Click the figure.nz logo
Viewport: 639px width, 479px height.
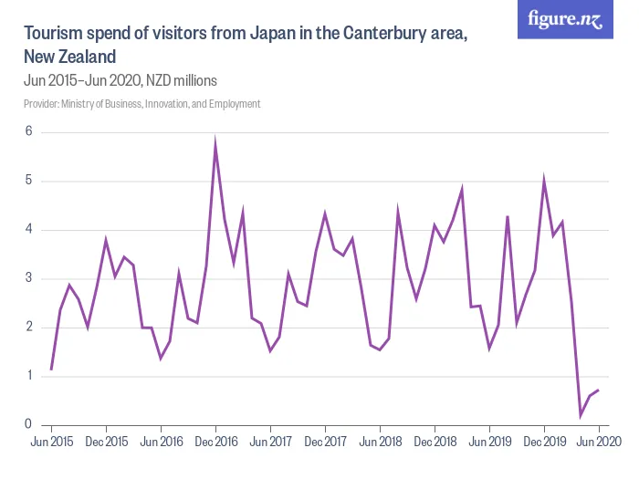(565, 19)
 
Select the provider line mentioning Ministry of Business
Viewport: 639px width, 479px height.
(142, 104)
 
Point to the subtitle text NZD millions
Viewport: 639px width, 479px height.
(182, 79)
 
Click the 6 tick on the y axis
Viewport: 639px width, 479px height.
(28, 132)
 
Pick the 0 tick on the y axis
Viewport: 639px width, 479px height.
(28, 424)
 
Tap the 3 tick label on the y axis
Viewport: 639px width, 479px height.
(28, 278)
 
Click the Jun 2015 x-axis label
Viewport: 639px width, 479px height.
(51, 443)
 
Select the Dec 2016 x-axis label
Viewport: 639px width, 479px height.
(215, 443)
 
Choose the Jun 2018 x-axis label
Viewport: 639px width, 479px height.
(380, 443)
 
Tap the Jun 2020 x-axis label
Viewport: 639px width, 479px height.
(599, 443)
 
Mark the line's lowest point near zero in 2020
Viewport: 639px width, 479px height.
(581, 415)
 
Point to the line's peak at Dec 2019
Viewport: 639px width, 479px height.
(544, 182)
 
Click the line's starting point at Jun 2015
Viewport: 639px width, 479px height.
(51, 370)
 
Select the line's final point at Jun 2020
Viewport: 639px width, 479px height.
(599, 390)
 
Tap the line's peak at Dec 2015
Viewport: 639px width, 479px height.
(106, 241)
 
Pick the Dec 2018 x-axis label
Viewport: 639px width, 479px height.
(435, 443)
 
